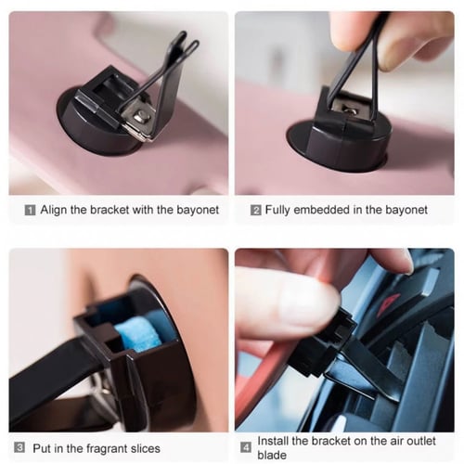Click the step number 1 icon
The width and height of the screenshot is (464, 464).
30,211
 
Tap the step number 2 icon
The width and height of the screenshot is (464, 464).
256,211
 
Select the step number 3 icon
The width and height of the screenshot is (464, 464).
19,447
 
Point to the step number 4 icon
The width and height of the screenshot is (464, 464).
246,447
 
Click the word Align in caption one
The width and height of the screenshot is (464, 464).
54,211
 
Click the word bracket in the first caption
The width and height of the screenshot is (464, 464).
110,210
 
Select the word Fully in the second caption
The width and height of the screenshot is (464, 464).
277,211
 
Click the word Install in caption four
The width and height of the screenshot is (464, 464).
273,441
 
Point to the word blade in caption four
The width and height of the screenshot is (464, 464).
272,455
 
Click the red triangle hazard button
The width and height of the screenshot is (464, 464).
389,303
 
